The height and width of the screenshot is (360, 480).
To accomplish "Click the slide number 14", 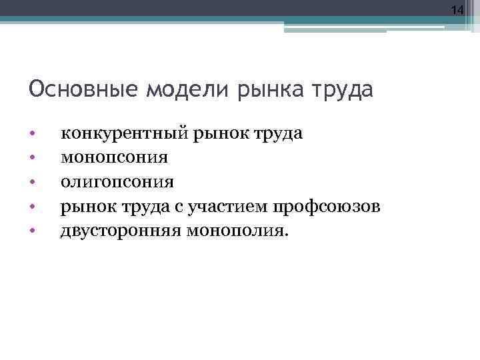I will pyautogui.click(x=457, y=10).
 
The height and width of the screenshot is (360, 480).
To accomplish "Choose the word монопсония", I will pyautogui.click(x=114, y=159).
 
